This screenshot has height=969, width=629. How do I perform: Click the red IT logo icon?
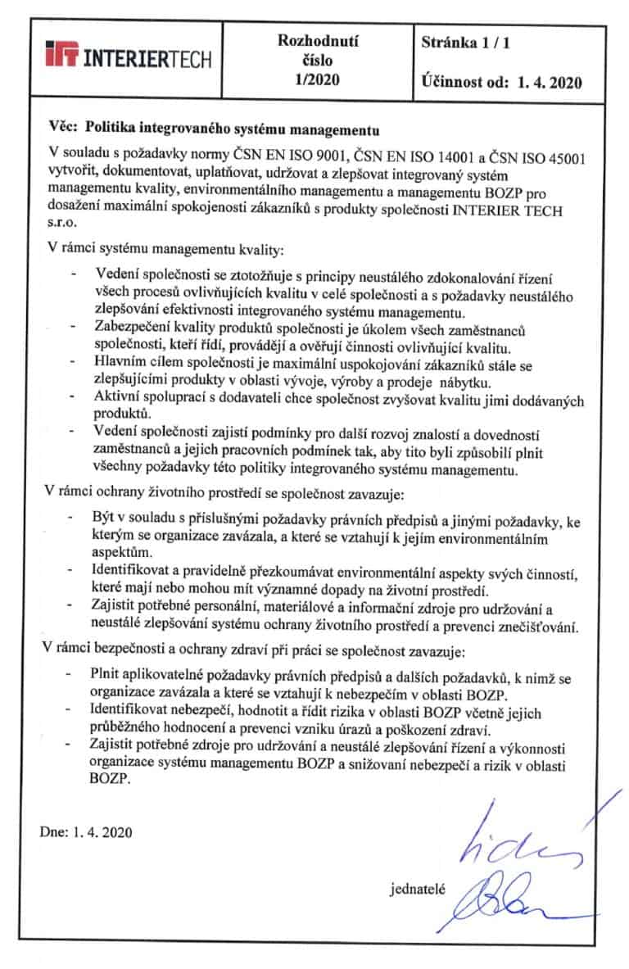65,57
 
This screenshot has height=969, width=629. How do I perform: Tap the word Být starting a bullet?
106,519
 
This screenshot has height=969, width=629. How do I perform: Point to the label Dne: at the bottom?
55,832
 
